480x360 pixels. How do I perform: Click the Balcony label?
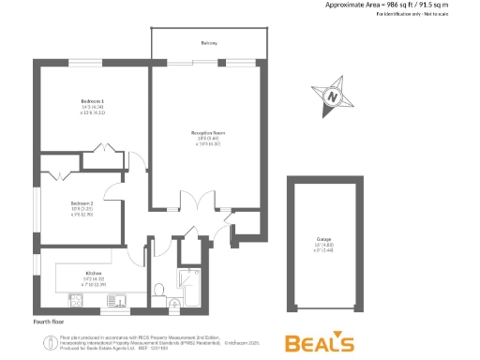[x=208, y=44]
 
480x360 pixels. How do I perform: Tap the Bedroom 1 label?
[x=91, y=100]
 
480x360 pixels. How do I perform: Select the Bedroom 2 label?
[x=82, y=202]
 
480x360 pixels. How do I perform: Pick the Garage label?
[x=323, y=240]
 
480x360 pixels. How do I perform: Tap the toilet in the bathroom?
[x=158, y=290]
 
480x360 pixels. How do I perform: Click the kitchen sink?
[x=118, y=300]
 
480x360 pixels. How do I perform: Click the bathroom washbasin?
[x=176, y=303]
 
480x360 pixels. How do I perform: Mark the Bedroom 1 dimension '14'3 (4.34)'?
[x=91, y=107]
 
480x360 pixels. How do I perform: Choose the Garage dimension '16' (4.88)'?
[x=323, y=246]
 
